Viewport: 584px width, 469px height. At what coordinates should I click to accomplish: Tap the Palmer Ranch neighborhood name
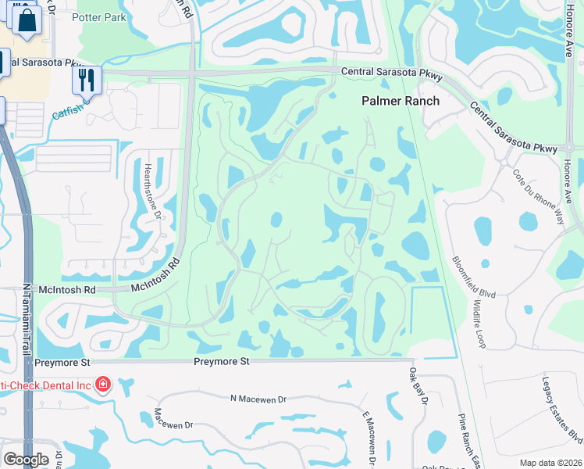pos(401,101)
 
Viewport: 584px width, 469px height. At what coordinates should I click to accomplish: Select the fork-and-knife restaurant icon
pos(87,80)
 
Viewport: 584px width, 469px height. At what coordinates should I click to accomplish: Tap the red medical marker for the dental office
pos(102,384)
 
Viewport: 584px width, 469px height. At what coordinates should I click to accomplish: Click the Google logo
pos(26,459)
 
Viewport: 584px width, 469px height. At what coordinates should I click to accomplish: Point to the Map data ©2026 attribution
pos(550,463)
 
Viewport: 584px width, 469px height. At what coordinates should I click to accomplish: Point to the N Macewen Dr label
pos(259,399)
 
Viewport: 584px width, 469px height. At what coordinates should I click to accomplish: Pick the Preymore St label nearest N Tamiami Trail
pos(65,362)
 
